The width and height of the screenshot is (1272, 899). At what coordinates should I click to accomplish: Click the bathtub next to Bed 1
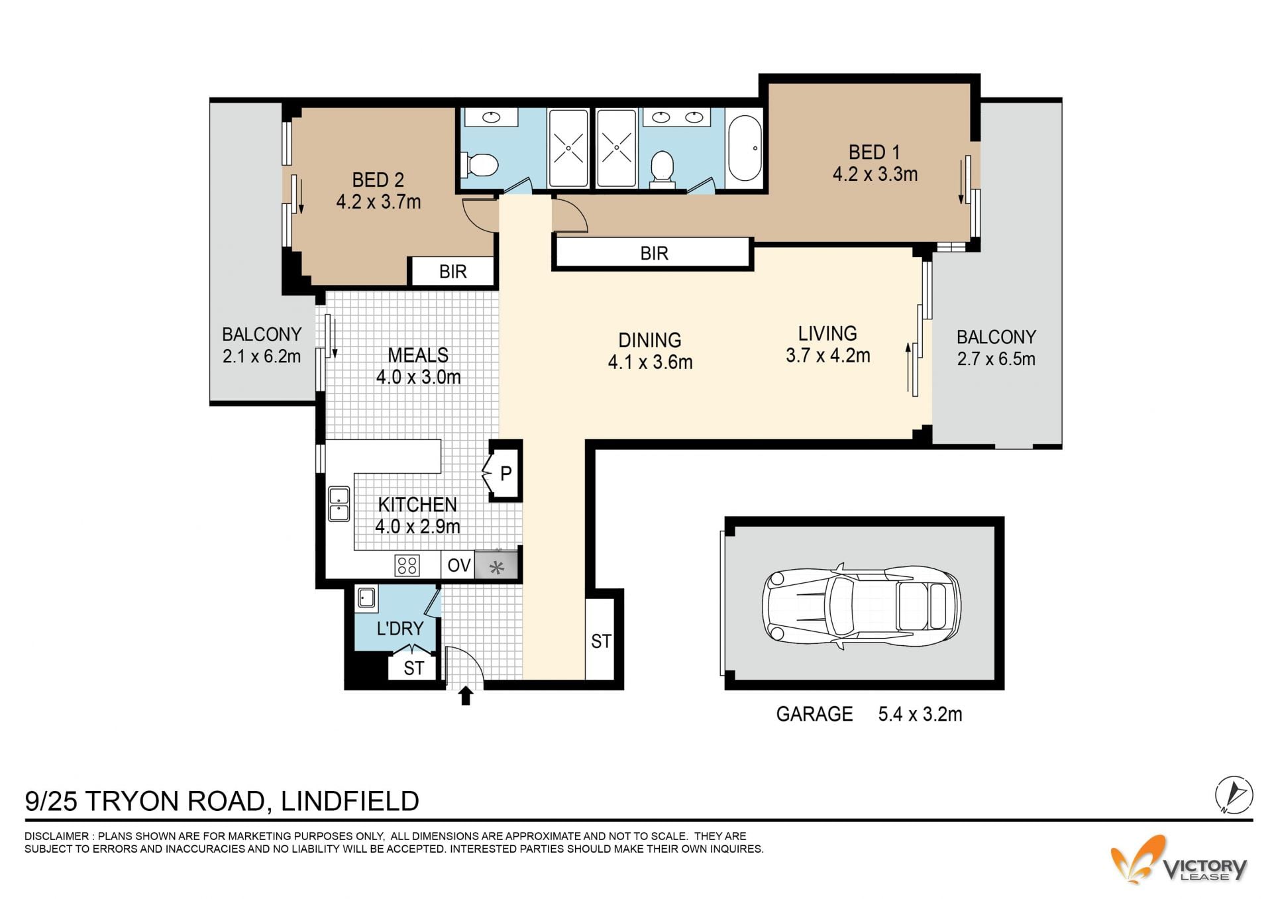(x=745, y=148)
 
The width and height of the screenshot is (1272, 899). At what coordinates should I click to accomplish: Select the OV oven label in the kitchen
(x=458, y=565)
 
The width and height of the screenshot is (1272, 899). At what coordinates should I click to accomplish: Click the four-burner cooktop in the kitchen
(x=407, y=566)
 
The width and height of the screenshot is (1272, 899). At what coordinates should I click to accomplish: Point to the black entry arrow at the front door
(x=466, y=696)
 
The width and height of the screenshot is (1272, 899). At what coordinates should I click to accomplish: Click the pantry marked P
(x=505, y=472)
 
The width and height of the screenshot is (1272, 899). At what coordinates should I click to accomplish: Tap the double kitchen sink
(x=339, y=504)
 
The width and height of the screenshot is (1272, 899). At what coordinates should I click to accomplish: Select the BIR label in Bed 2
(x=453, y=272)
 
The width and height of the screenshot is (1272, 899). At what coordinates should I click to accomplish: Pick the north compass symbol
(x=1234, y=794)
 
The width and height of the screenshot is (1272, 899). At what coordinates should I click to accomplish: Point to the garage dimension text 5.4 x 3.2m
(x=920, y=714)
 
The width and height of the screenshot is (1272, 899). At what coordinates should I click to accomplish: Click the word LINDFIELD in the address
(x=350, y=801)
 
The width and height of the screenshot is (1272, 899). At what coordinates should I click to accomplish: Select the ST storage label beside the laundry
(x=413, y=668)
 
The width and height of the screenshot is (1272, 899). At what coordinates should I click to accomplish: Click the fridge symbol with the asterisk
(x=496, y=566)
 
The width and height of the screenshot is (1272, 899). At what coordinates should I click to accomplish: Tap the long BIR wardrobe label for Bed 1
(x=654, y=253)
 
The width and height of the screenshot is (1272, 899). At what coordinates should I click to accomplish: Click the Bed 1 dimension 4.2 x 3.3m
(x=874, y=174)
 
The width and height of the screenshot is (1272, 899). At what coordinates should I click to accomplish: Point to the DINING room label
(x=649, y=340)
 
